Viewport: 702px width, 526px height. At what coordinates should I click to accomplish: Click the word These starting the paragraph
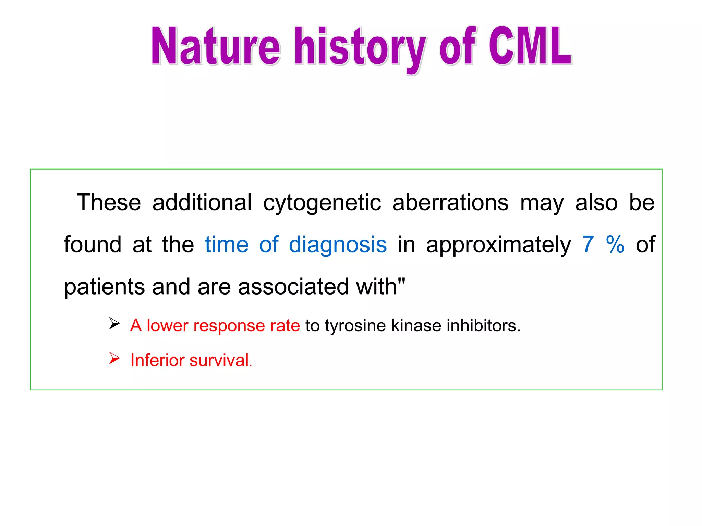tap(109, 202)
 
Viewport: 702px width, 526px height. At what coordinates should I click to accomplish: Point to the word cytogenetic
tap(322, 203)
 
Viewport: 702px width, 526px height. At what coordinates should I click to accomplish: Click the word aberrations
tap(450, 202)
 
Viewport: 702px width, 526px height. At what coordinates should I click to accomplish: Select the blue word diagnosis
tap(338, 245)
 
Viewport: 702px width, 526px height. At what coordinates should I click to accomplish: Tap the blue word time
tap(227, 245)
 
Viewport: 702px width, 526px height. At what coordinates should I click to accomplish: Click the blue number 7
tap(588, 245)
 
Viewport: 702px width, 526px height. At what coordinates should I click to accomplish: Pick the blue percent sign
tap(615, 245)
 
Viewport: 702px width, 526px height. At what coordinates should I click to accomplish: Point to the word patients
tap(104, 287)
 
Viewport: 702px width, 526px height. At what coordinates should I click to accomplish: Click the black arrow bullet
tap(114, 323)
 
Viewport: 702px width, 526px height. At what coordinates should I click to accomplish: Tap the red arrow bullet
tap(114, 358)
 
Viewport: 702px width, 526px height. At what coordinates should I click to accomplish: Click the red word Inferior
tap(158, 360)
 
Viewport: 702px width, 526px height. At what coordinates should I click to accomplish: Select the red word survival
tap(220, 360)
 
